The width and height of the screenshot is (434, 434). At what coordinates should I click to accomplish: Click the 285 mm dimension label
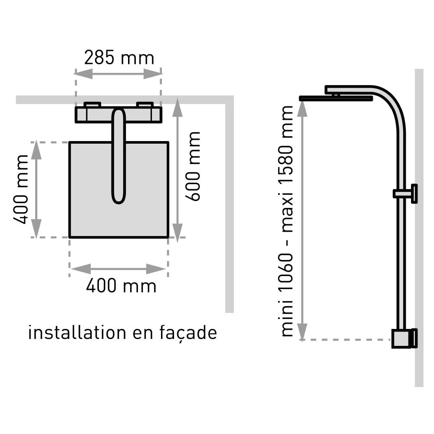point(119,58)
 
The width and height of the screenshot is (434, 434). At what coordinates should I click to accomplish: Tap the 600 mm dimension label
point(193,166)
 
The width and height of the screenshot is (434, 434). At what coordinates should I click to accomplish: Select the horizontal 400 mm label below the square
point(121,286)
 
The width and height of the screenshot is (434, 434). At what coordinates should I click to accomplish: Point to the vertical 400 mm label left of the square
point(20,189)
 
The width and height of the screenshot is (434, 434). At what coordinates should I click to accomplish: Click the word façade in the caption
point(188,333)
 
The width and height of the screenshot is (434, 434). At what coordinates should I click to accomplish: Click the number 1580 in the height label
point(286,168)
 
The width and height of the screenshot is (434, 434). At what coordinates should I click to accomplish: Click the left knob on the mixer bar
point(92,105)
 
